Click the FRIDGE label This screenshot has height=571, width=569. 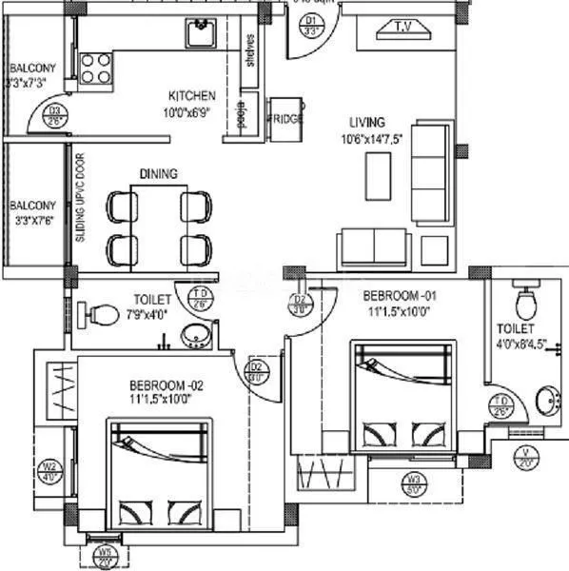pos(286,118)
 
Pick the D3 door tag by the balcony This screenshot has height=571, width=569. pos(56,115)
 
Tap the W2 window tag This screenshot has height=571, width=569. pos(49,471)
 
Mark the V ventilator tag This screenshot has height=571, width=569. pos(524,455)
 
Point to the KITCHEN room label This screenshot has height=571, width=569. pos(191,96)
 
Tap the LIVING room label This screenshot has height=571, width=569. pos(366,122)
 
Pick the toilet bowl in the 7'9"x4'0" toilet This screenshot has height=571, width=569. pos(102,311)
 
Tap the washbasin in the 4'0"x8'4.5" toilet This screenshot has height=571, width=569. pos(547,400)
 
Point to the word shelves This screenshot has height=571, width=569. pos(249,52)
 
